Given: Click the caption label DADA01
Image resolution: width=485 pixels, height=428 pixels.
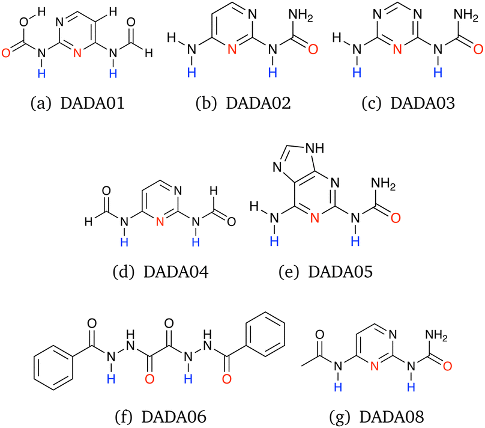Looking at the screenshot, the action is tap(92, 103).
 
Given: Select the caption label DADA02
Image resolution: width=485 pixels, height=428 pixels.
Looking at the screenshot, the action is tap(259, 103).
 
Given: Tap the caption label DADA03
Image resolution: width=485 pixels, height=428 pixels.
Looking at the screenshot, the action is tap(423, 103).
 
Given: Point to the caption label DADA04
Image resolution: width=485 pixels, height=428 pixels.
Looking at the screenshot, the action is tap(176, 272).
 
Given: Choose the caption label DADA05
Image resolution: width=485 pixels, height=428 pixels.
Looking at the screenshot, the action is tap(340, 272).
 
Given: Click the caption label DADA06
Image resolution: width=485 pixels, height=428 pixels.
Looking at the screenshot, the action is tap(174, 417).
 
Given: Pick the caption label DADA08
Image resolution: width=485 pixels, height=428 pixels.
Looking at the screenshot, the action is tap(391, 417).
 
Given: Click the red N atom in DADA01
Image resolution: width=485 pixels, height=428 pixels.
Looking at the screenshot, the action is tap(77, 53).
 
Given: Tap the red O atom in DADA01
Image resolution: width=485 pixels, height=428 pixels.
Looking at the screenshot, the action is tap(6, 53).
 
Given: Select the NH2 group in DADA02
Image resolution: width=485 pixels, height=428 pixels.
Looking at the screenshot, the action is tap(301, 15).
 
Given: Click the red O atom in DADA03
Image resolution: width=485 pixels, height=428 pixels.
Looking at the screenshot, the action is tap(478, 49).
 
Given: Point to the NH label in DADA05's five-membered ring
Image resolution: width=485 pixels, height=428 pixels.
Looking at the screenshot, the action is tap(315, 148).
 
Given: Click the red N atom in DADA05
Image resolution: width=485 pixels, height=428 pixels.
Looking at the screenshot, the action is tap(315, 218).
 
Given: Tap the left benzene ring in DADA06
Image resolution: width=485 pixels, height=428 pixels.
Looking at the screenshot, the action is tap(53, 367).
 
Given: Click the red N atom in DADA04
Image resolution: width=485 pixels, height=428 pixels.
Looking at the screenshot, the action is tap(160, 221).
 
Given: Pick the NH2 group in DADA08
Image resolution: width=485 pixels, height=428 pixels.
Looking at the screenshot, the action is tap(436, 335).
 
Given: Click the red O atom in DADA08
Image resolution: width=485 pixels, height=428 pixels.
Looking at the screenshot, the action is tap(447, 366).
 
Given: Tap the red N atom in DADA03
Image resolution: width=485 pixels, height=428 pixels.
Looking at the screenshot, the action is tap(397, 49).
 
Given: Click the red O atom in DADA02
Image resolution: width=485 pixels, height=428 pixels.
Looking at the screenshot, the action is tap(313, 49).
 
